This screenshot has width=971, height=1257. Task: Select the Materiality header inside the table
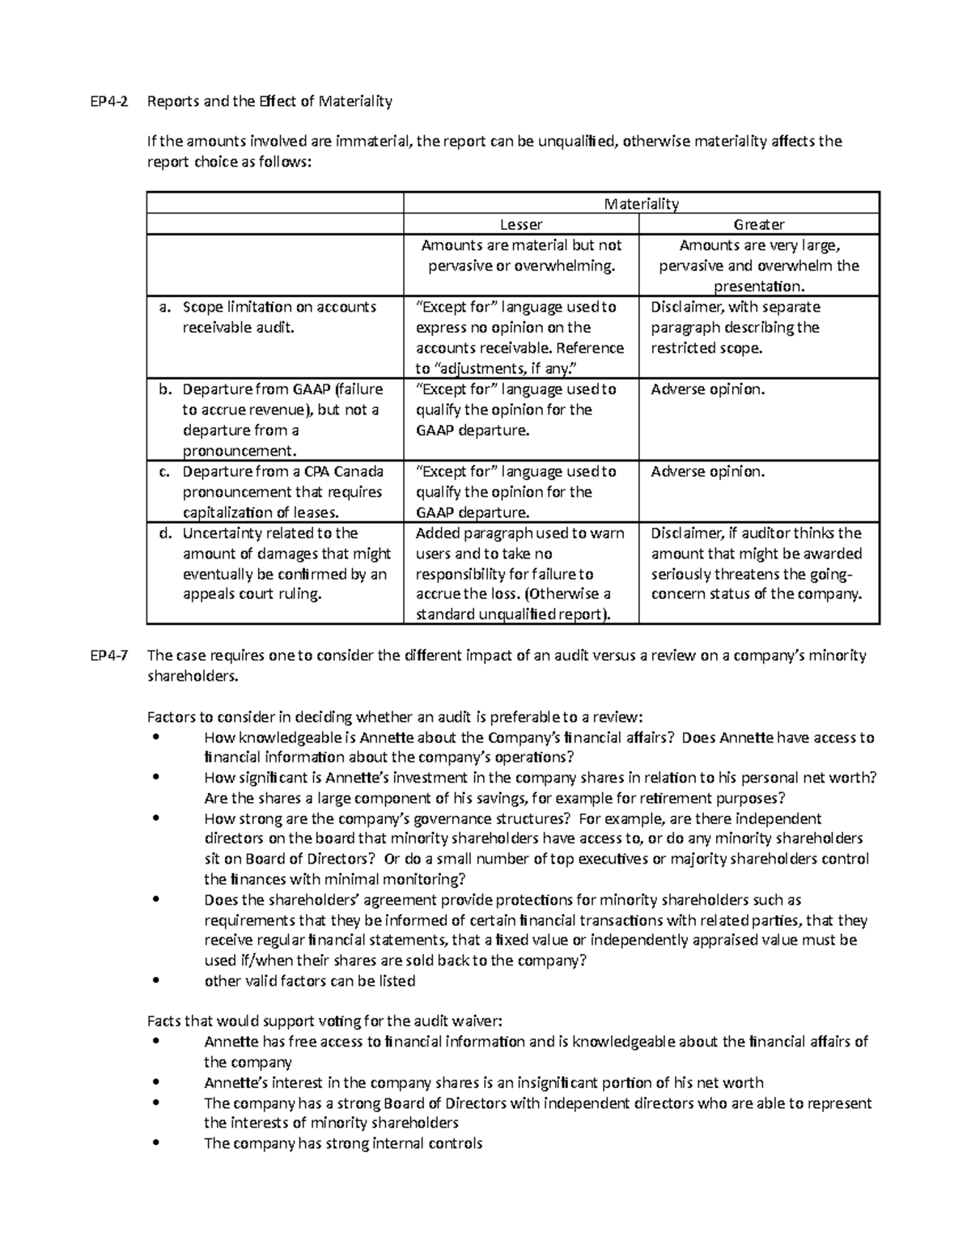[641, 204]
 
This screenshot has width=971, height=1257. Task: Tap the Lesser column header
[520, 224]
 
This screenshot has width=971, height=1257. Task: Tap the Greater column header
[758, 224]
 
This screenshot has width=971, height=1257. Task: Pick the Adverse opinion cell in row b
[707, 389]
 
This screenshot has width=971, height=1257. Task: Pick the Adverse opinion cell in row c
[707, 472]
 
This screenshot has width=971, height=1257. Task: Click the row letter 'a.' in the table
[165, 308]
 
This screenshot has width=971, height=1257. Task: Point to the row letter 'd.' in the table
[165, 533]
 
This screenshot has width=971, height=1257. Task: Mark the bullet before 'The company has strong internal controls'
[156, 1144]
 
